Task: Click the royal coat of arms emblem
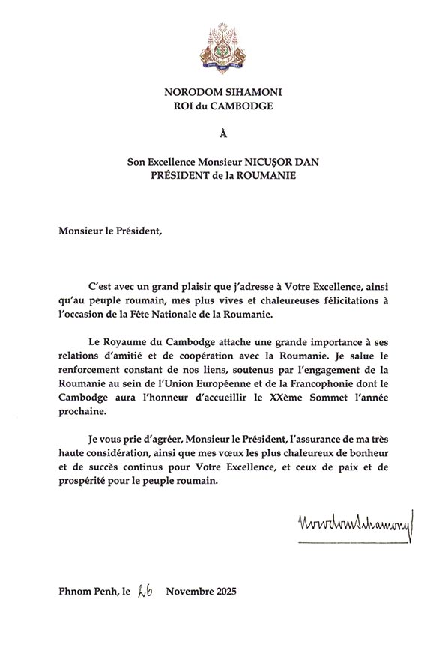[222, 49]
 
